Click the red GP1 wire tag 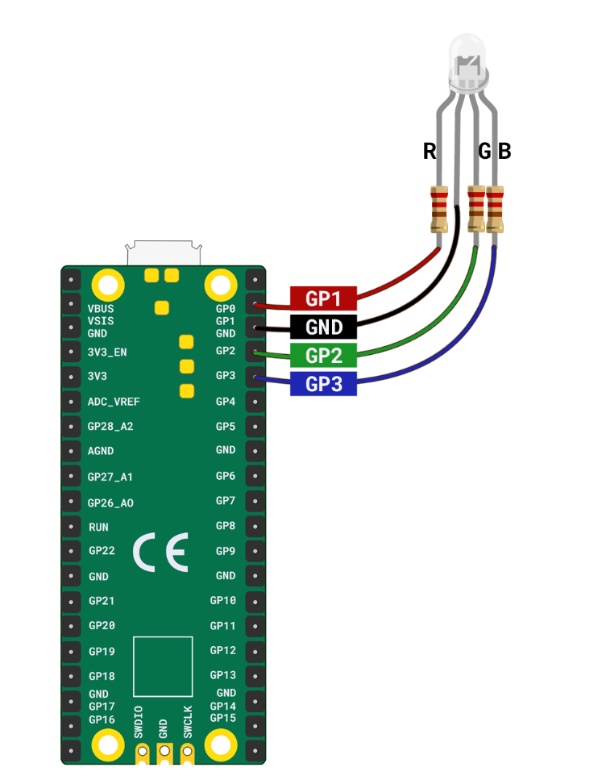(x=323, y=298)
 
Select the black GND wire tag (x=323, y=327)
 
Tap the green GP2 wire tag (x=323, y=356)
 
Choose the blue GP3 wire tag (x=323, y=385)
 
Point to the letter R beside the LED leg (x=430, y=151)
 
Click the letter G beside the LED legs (x=485, y=151)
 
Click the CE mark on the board (x=160, y=553)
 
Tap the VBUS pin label (x=101, y=308)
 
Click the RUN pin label (x=98, y=527)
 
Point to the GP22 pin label (x=102, y=551)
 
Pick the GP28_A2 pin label (x=110, y=426)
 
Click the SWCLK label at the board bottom (x=188, y=722)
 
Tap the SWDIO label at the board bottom (x=138, y=722)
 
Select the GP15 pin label (x=223, y=718)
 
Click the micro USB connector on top (x=163, y=252)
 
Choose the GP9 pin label (x=226, y=552)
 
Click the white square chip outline (x=163, y=667)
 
